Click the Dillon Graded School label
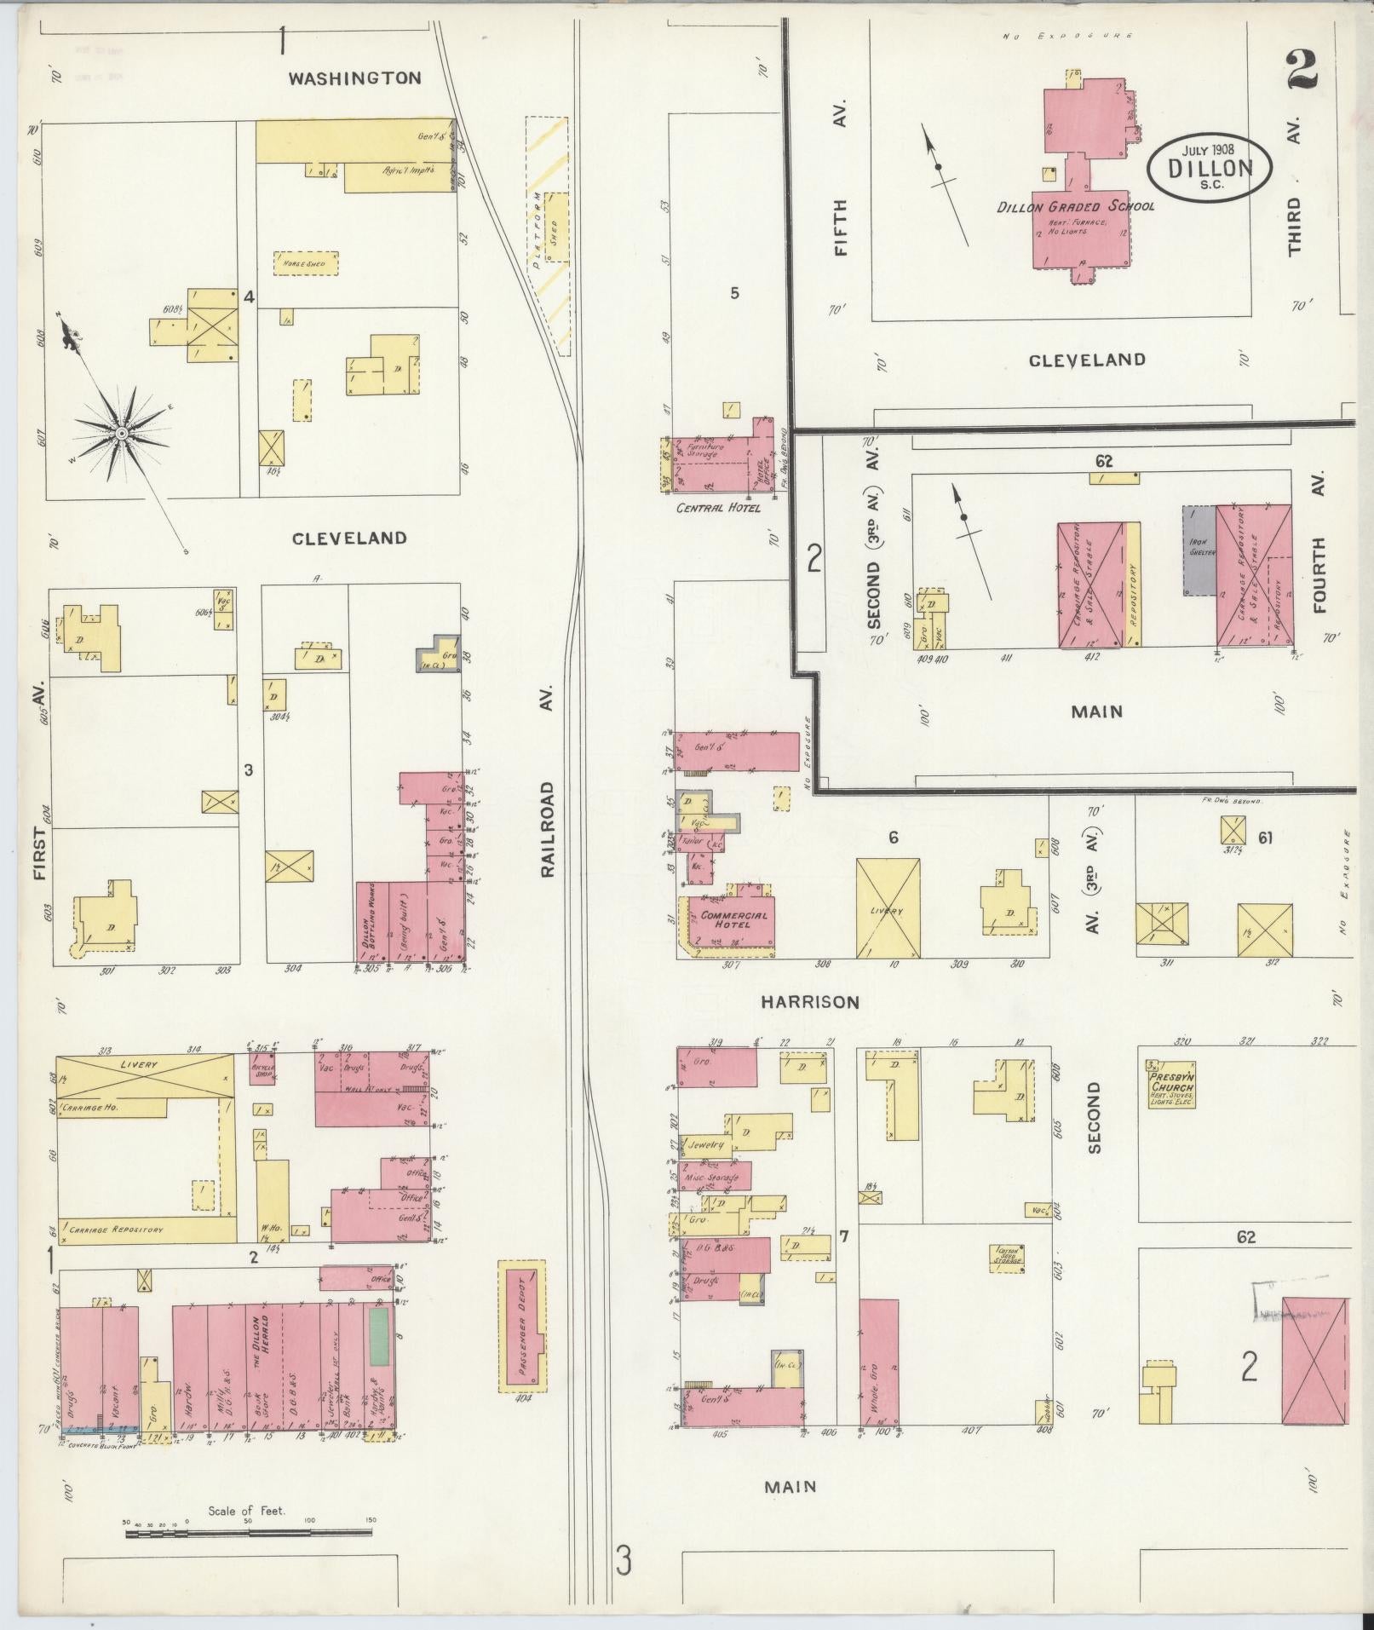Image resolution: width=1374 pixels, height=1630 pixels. [x=1076, y=206]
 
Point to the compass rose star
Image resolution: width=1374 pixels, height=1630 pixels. [x=122, y=433]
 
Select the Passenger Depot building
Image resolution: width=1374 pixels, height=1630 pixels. [x=521, y=1340]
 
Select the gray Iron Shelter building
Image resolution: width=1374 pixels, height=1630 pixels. [x=1199, y=550]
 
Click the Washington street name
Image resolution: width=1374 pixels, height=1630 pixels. [x=354, y=78]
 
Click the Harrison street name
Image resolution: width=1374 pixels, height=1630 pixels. [x=810, y=1002]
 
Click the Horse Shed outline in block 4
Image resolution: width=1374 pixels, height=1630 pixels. [x=305, y=263]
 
